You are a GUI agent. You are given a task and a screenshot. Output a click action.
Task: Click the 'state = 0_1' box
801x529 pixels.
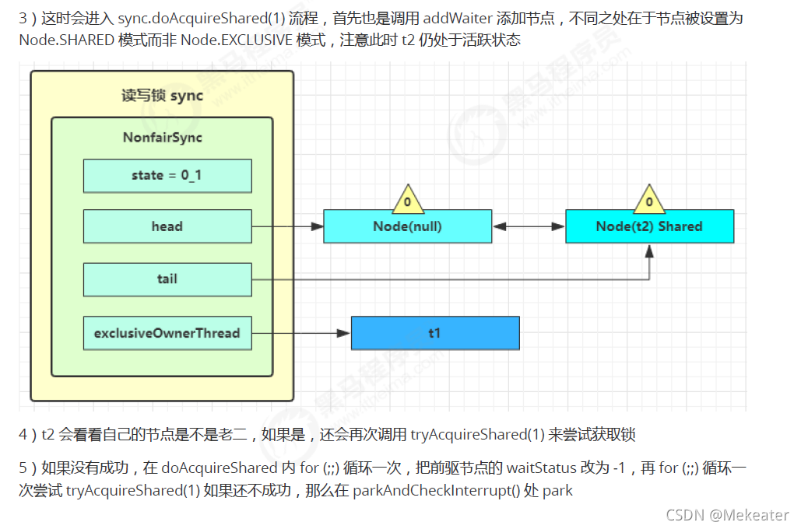click(167, 176)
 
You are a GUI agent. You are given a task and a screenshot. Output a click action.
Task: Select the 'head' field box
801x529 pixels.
click(167, 226)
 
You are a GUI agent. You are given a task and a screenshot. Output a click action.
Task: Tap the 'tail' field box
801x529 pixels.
click(167, 279)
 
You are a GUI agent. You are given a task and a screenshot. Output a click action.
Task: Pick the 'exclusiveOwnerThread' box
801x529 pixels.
click(167, 333)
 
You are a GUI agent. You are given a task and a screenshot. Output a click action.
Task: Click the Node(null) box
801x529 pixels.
click(407, 226)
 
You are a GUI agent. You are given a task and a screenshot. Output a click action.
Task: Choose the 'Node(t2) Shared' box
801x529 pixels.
click(649, 226)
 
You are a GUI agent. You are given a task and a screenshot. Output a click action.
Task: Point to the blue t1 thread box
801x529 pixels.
click(434, 333)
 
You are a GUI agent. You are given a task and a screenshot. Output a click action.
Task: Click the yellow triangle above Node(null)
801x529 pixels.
click(407, 201)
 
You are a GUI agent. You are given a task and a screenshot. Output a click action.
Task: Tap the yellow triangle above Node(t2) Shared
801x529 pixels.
click(649, 201)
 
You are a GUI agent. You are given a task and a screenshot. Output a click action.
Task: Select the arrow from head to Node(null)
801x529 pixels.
click(287, 226)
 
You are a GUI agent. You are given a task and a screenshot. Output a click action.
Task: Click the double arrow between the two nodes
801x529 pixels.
click(529, 226)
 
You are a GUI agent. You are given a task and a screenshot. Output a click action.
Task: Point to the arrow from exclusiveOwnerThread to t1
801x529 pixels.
click(301, 333)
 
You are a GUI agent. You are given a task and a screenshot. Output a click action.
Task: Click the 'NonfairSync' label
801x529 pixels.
click(162, 138)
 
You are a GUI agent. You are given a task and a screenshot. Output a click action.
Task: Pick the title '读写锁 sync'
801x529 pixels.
click(162, 96)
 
